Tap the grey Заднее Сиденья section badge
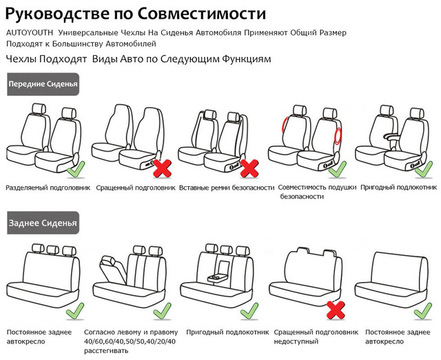(x=41, y=222)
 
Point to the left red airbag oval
(x=284, y=126)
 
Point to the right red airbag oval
(x=338, y=134)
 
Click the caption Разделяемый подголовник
(x=48, y=187)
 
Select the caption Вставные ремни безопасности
(x=227, y=187)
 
